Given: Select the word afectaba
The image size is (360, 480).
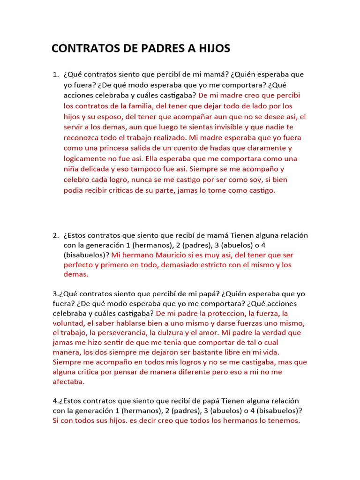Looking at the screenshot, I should point(68,382).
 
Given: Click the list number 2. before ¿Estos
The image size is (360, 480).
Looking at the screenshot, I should point(55,235).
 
